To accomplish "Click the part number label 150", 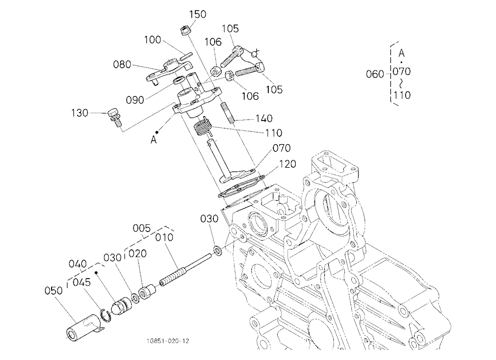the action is [198, 14].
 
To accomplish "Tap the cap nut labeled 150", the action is [185, 31].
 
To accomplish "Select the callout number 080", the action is [122, 64].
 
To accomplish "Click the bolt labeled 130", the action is [115, 118].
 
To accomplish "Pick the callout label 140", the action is [264, 119].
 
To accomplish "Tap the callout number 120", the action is [287, 164].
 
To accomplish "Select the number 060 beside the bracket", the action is [375, 74].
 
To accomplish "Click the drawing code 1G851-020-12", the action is [168, 341].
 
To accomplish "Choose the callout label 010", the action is [164, 237].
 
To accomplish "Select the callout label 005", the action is [141, 228].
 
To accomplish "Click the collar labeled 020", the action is [148, 293].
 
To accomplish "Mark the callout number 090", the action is [135, 100].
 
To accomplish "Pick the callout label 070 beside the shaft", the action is [282, 148].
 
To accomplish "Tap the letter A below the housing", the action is [153, 140].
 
